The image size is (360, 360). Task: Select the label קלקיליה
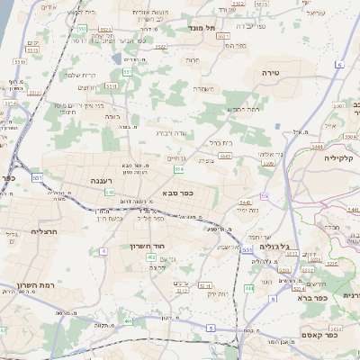click(342, 157)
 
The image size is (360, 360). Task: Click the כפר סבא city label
click(181, 193)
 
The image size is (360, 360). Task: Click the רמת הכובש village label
click(244, 109)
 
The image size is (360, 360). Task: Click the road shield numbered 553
click(82, 30)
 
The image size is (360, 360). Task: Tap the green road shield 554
click(179, 168)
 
